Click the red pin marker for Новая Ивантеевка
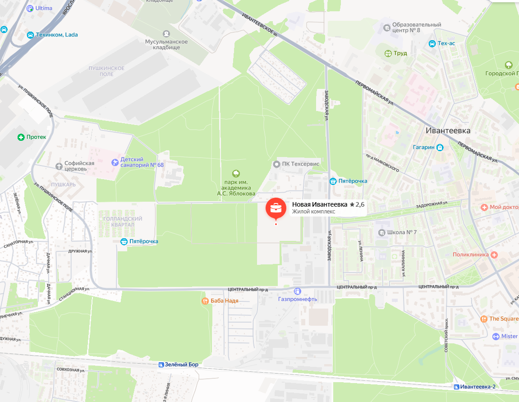coord(276,209)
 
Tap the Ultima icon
coord(30,8)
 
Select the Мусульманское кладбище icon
coord(166,33)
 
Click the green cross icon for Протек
coord(21,137)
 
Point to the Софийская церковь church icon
coord(58,166)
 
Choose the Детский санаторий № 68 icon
coord(115,162)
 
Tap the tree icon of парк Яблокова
coord(235,173)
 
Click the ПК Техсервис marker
coord(277,164)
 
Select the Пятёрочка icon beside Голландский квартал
coord(124,241)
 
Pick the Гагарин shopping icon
coord(440,147)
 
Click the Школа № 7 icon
coord(381,233)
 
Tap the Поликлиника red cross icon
coord(494,254)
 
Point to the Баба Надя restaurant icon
coord(205,300)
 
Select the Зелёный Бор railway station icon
coord(161,365)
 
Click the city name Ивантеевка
coord(448,131)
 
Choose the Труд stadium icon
coord(388,53)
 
